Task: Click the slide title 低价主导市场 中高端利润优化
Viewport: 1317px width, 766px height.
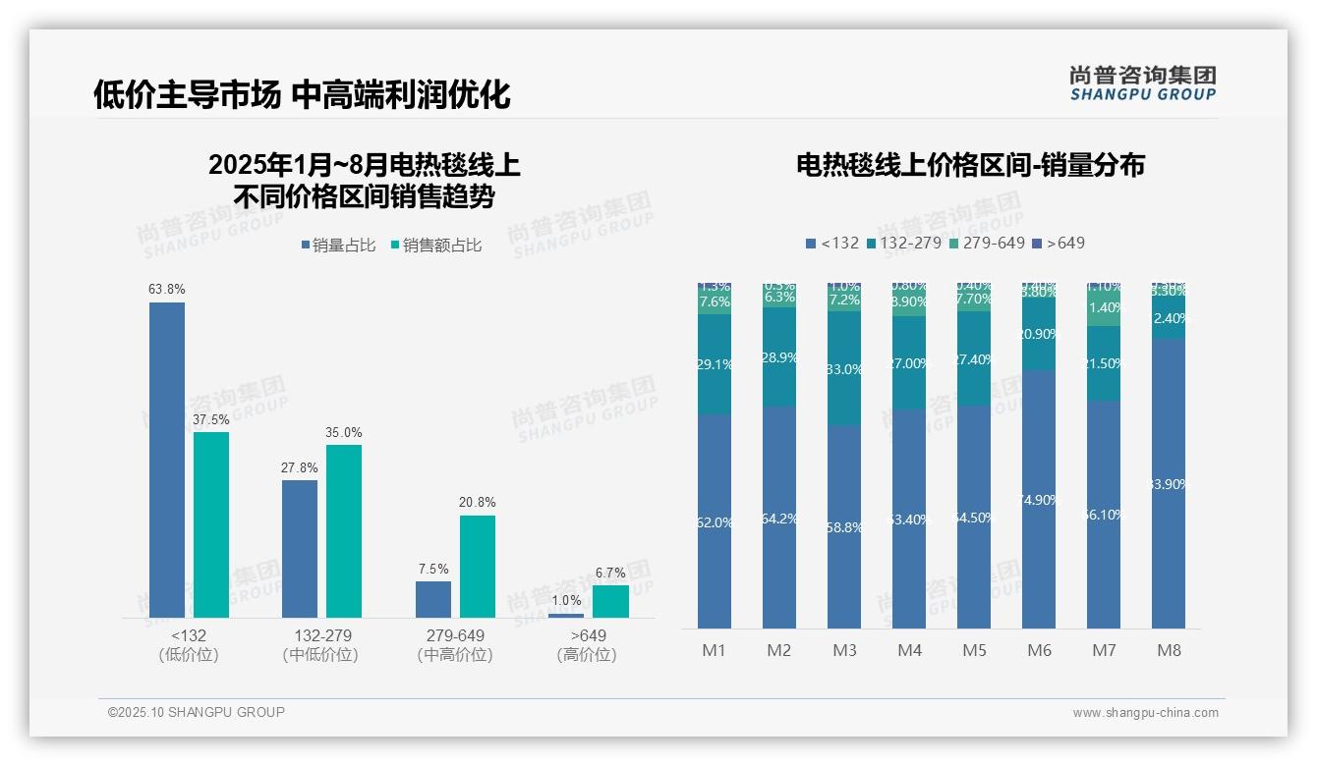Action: [x=302, y=95]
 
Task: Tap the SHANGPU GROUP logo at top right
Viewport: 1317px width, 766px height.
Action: [x=1142, y=83]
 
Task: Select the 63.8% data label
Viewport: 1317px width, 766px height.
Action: [x=167, y=290]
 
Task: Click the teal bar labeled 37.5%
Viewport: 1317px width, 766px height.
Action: [x=211, y=524]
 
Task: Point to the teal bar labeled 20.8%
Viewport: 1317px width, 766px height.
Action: [x=477, y=566]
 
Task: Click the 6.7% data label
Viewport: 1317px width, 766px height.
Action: [x=610, y=573]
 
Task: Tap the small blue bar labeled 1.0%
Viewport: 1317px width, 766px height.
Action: [x=565, y=616]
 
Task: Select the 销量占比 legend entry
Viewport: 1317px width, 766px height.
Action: [x=338, y=246]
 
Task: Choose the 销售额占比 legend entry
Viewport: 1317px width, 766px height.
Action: [x=436, y=246]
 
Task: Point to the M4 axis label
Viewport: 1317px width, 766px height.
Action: [x=909, y=650]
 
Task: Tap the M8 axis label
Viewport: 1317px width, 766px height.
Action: [x=1169, y=650]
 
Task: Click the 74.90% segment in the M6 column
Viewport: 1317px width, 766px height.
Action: [x=1039, y=500]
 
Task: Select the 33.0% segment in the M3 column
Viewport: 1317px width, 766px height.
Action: [x=844, y=369]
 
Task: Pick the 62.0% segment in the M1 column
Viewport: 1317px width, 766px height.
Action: [x=715, y=522]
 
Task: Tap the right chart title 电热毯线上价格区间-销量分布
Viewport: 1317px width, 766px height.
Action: [x=970, y=165]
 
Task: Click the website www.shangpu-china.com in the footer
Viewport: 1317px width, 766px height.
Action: [x=1145, y=713]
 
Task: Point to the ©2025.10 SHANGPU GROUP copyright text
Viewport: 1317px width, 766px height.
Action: [x=197, y=712]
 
